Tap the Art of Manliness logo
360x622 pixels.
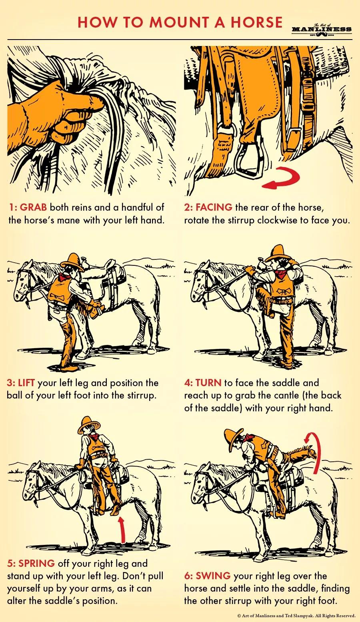(322, 29)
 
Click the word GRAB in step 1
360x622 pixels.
(33, 207)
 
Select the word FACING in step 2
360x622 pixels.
(214, 207)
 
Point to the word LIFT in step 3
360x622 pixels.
(26, 383)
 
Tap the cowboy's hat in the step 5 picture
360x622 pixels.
(89, 425)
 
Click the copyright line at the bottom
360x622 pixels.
(297, 616)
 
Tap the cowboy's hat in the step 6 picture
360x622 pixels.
(233, 440)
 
